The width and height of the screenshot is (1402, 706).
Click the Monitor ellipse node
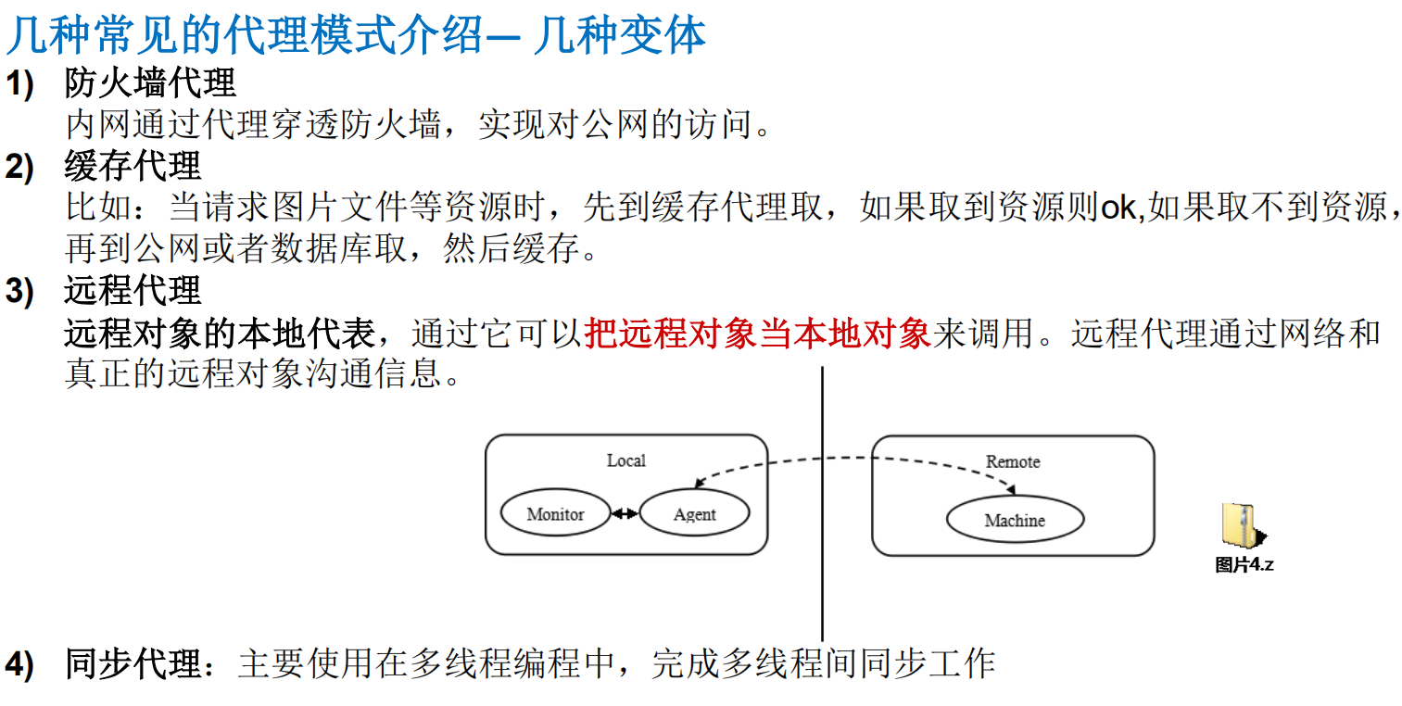[x=555, y=513]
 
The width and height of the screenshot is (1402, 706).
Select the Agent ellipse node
[x=694, y=513]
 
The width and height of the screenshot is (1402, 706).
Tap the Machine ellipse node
[x=1015, y=520]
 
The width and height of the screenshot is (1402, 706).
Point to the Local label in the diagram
[x=626, y=460]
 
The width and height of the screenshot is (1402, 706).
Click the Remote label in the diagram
[x=1013, y=461]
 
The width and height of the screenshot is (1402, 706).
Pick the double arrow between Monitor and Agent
[x=625, y=513]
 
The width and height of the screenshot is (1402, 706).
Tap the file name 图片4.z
[x=1244, y=564]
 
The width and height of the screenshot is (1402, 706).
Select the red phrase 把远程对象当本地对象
[x=757, y=333]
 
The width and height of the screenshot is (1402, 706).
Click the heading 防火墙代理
[x=150, y=84]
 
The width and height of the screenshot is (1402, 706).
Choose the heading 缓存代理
[x=133, y=167]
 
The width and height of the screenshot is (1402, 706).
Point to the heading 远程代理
[x=133, y=291]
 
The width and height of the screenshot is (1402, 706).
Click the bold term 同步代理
[x=133, y=663]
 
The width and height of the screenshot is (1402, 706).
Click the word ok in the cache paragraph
[x=1118, y=208]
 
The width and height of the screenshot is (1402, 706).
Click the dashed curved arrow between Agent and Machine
[x=853, y=459]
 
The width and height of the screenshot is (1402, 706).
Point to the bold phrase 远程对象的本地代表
[x=220, y=333]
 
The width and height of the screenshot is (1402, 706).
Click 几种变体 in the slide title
[x=620, y=35]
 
